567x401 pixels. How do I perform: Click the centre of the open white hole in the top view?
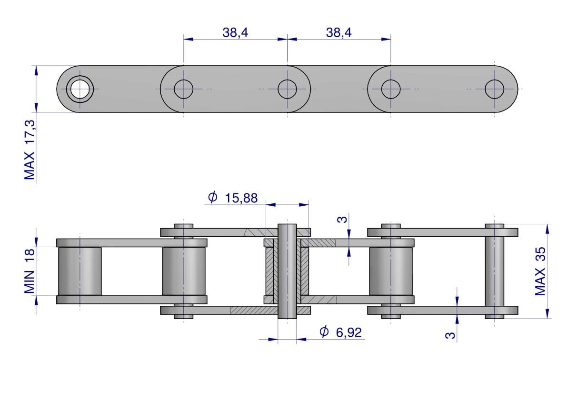coord(80,89)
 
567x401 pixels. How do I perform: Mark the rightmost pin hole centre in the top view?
coord(494,89)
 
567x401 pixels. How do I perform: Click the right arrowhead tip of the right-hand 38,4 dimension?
coord(391,39)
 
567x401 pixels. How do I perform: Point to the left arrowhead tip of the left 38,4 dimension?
coord(184,39)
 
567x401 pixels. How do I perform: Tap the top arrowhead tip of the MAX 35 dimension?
coord(547,224)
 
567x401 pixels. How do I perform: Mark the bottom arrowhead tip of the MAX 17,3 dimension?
coord(36,112)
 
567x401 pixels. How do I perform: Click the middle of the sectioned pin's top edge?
coord(287,224)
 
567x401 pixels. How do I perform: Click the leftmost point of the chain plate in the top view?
coord(56,89)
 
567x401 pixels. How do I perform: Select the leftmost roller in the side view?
coord(80,271)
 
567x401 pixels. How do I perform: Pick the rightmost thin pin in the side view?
coord(494,271)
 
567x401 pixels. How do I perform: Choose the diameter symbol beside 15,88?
coord(213,197)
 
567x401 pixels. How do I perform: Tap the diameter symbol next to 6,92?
coord(324,331)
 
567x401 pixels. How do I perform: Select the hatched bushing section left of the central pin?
coord(270,271)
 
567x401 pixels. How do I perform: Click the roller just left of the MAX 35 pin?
coord(390,271)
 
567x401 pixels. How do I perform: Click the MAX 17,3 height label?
coord(30,150)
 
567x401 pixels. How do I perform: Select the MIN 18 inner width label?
coord(30,271)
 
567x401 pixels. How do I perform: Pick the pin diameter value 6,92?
coord(348,332)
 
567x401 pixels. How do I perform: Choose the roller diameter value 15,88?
coord(241,198)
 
